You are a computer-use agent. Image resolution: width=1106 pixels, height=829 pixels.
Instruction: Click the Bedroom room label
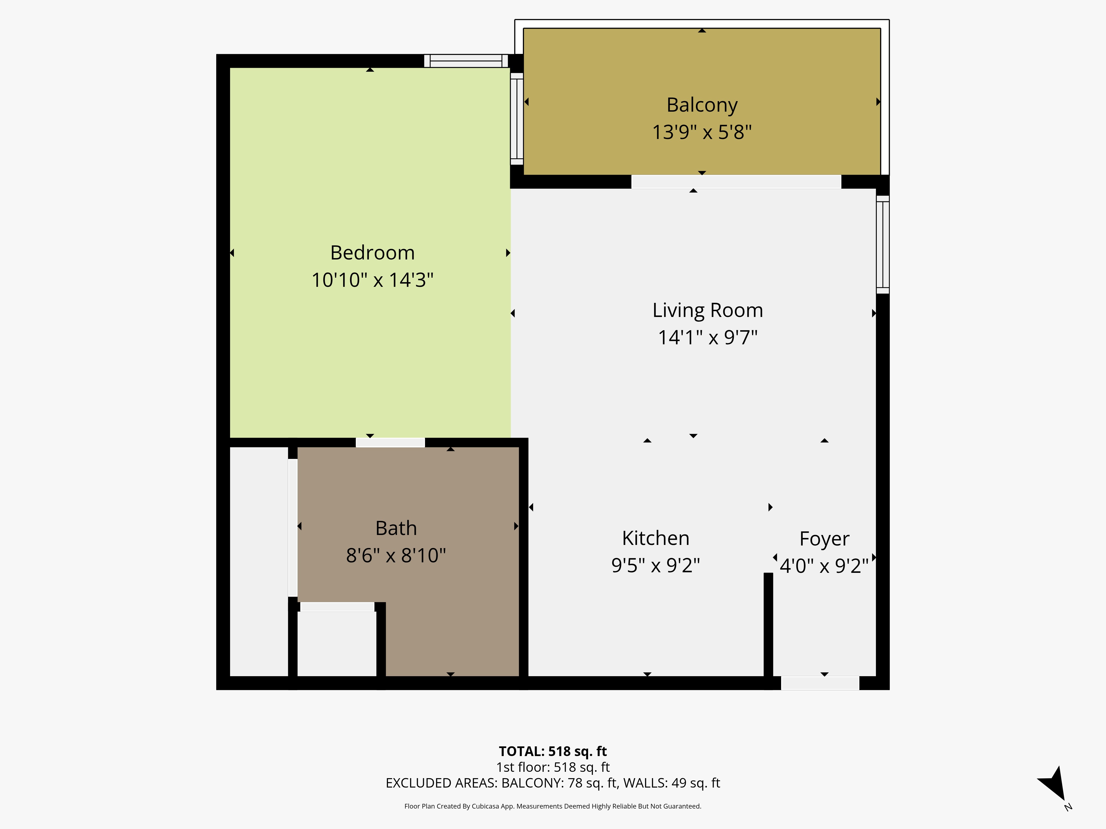pyautogui.click(x=372, y=253)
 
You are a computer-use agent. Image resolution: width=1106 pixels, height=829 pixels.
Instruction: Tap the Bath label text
pyautogui.click(x=396, y=528)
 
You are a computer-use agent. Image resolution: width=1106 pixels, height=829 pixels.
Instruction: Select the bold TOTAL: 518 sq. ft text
pyautogui.click(x=552, y=751)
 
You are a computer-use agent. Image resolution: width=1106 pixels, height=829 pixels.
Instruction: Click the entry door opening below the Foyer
pyautogui.click(x=820, y=683)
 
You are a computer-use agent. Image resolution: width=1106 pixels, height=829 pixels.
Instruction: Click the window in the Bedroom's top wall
pyautogui.click(x=466, y=61)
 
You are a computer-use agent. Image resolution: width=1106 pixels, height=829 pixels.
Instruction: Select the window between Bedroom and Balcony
pyautogui.click(x=517, y=119)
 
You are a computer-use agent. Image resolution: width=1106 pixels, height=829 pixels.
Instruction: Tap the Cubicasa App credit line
pyautogui.click(x=552, y=806)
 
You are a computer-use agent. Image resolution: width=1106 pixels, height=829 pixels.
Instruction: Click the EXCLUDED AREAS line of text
pyautogui.click(x=552, y=783)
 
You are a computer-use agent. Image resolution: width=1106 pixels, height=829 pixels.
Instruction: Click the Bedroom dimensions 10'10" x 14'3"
pyautogui.click(x=372, y=280)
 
